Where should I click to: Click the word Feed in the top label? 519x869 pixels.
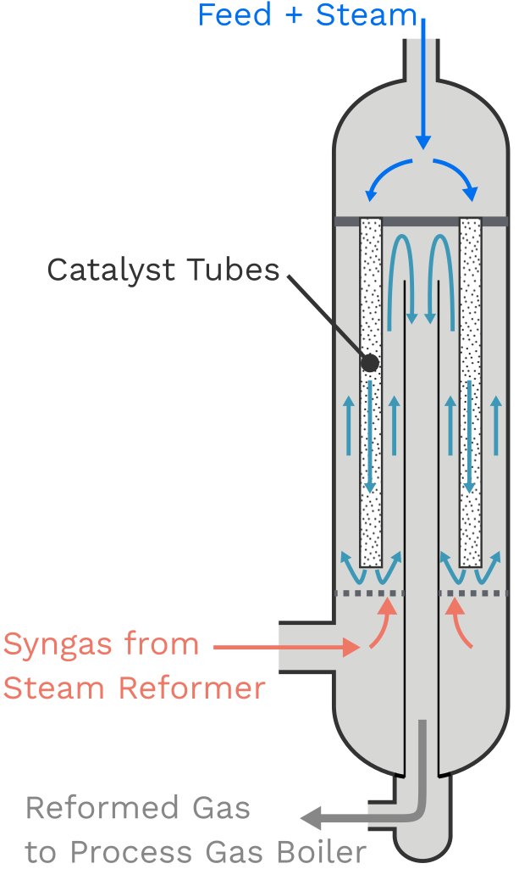225,14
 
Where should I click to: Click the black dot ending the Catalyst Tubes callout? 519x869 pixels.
370,363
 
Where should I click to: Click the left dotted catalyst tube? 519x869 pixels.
370,475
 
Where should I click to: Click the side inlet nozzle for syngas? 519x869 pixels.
305,649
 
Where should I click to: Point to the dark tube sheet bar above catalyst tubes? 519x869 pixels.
421,221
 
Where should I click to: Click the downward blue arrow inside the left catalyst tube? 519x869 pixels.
370,437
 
